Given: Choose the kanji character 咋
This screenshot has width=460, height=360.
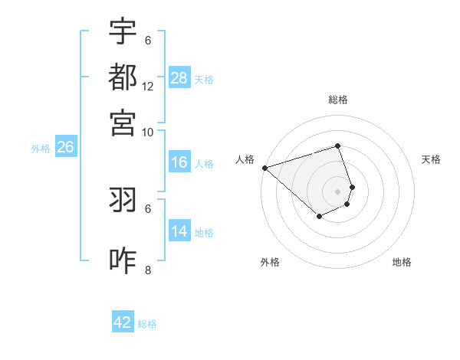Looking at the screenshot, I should click(123, 261).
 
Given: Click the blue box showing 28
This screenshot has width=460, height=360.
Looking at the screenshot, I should click(179, 78).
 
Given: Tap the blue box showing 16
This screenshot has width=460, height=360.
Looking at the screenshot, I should click(179, 162).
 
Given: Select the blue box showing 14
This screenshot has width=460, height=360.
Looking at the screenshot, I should click(179, 231).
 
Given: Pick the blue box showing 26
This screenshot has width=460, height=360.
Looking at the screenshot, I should click(65, 148).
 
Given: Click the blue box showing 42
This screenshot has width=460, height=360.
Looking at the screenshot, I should click(123, 322).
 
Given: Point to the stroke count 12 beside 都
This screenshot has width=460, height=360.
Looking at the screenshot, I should click(148, 86).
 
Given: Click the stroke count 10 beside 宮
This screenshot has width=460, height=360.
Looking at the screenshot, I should click(148, 131).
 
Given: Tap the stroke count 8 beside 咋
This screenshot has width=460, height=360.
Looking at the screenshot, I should click(148, 270).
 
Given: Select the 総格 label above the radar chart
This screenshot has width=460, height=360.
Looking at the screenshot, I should click(338, 100).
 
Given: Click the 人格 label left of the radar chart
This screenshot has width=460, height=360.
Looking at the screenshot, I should click(245, 159).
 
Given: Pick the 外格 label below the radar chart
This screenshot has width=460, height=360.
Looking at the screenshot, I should click(270, 263).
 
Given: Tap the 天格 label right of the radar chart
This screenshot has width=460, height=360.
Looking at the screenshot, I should click(431, 159).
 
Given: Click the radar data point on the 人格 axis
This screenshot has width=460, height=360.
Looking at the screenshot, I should click(264, 168).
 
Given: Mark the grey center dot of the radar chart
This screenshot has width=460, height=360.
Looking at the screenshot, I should click(338, 191).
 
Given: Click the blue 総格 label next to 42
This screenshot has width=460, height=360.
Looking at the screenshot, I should click(147, 324).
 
